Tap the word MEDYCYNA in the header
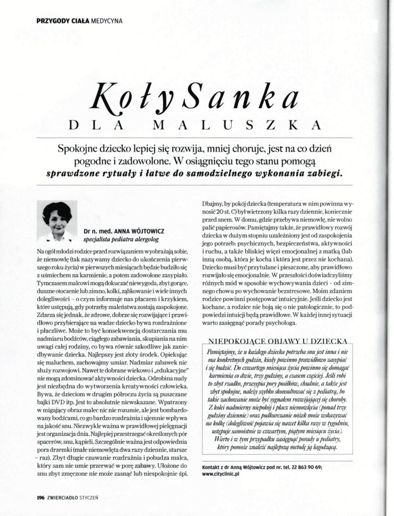106,21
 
